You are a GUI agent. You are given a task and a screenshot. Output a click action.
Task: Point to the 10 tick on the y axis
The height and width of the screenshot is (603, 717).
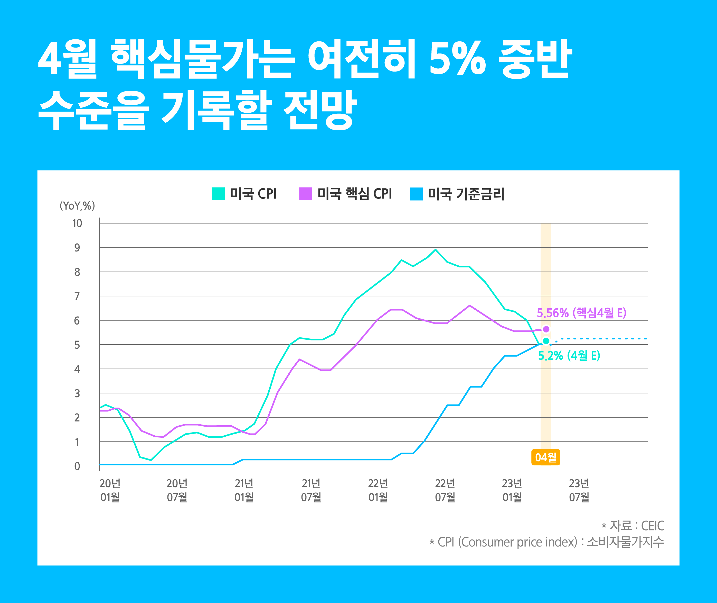(77, 223)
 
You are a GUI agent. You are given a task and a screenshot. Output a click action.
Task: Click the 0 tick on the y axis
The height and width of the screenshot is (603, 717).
(77, 466)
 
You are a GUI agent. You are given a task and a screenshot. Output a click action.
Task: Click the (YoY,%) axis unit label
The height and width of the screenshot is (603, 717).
(77, 205)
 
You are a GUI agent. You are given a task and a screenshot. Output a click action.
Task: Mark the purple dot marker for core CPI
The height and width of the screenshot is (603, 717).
(546, 329)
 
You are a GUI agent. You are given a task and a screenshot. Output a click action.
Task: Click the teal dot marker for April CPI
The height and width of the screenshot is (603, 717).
(546, 341)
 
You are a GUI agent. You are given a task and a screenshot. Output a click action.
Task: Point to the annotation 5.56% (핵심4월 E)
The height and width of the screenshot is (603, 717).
(581, 313)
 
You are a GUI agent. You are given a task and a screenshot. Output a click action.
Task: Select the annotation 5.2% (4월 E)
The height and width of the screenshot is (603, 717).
(569, 356)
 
